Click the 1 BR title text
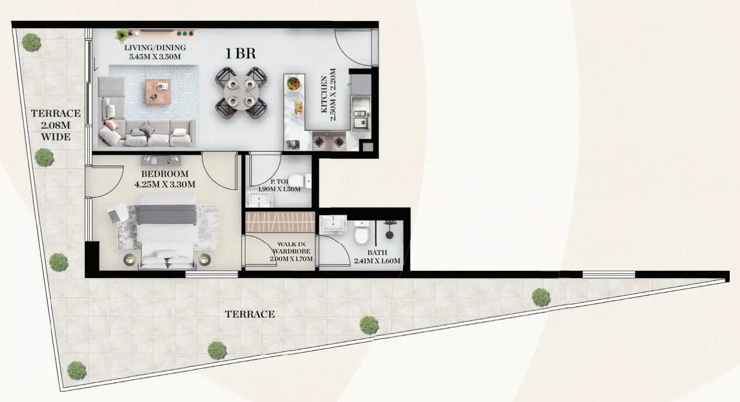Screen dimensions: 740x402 click(241, 53)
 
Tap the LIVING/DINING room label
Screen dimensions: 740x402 click(155, 48)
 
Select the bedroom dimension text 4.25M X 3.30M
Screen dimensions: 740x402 click(165, 184)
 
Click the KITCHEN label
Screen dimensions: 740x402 click(324, 95)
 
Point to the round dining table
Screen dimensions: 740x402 click(241, 92)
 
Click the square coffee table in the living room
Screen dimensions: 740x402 click(158, 91)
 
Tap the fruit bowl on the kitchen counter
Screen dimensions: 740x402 click(294, 83)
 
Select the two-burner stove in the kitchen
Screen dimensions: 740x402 click(329, 142)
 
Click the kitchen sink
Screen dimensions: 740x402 click(361, 119)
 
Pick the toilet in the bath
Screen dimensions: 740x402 click(362, 232)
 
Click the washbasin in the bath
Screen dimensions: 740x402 click(334, 224)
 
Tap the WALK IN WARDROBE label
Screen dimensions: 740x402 click(291, 248)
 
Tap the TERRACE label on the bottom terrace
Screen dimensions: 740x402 click(250, 314)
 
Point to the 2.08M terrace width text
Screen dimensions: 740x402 click(56, 125)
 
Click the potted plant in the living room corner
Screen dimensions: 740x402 click(123, 35)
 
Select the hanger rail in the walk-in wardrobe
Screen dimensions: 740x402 click(280, 222)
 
